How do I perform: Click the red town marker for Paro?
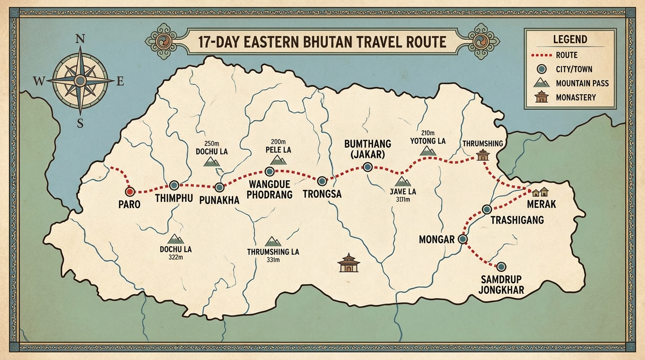pyautogui.click(x=130, y=191)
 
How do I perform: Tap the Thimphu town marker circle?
pyautogui.click(x=174, y=185)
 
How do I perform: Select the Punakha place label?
pyautogui.click(x=219, y=200)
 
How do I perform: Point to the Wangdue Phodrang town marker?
pyautogui.click(x=270, y=172)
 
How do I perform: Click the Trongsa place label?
pyautogui.click(x=322, y=193)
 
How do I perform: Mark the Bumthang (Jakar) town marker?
pyautogui.click(x=367, y=167)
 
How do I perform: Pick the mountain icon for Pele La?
pyautogui.click(x=278, y=160)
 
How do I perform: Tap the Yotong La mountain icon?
pyautogui.click(x=427, y=150)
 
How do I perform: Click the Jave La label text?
pyautogui.click(x=403, y=192)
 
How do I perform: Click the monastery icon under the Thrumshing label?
pyautogui.click(x=482, y=155)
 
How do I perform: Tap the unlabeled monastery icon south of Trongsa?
pyautogui.click(x=348, y=263)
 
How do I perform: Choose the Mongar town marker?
pyautogui.click(x=463, y=239)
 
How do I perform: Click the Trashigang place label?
pyautogui.click(x=517, y=220)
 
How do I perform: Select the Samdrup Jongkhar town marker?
pyautogui.click(x=501, y=266)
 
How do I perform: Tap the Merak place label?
pyautogui.click(x=541, y=204)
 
